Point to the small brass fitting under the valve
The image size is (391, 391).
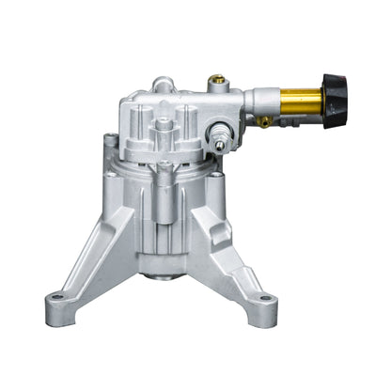[265, 121]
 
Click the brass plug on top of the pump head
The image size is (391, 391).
[219, 86]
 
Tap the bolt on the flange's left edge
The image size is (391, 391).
[112, 143]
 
